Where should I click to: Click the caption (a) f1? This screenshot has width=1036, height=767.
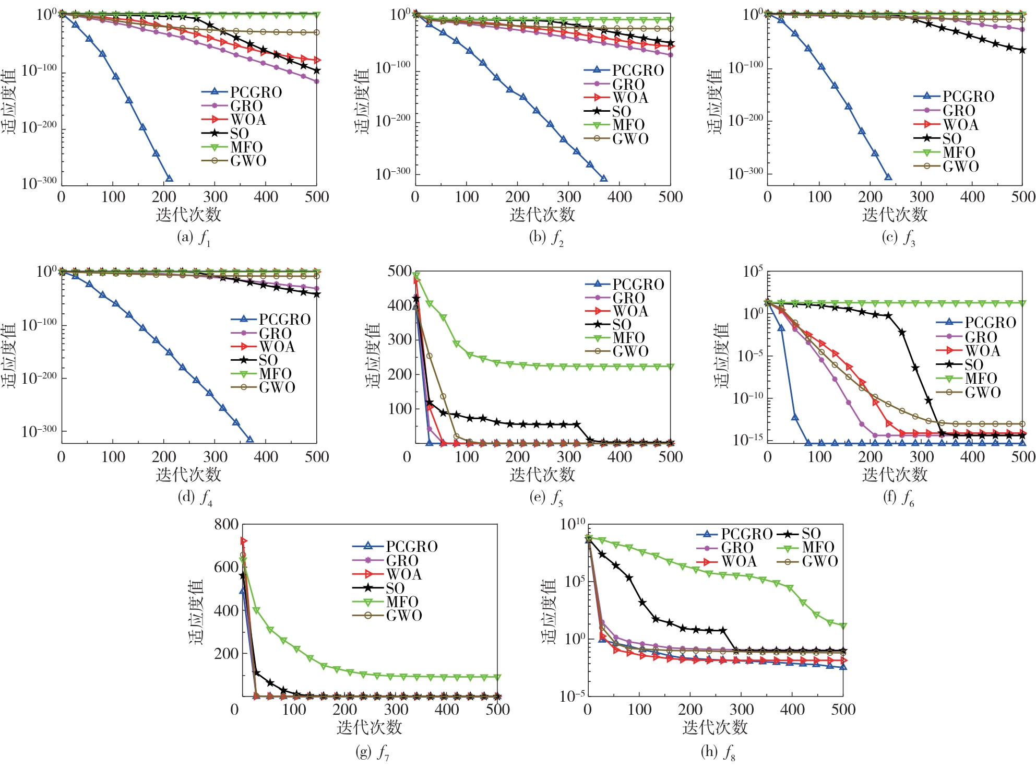[194, 238]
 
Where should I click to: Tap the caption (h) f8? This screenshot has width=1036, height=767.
[718, 752]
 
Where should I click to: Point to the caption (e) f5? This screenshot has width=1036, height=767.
[546, 498]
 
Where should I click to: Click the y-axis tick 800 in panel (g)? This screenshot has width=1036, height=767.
[226, 525]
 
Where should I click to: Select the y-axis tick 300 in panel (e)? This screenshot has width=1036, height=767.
[400, 340]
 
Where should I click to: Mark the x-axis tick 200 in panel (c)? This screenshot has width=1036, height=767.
[870, 197]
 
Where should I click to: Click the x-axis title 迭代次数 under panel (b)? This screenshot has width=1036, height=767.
[542, 215]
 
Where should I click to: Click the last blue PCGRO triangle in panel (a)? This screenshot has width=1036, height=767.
[169, 179]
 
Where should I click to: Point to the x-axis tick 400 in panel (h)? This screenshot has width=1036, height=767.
[792, 710]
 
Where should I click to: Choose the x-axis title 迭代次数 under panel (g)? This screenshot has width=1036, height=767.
[369, 727]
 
